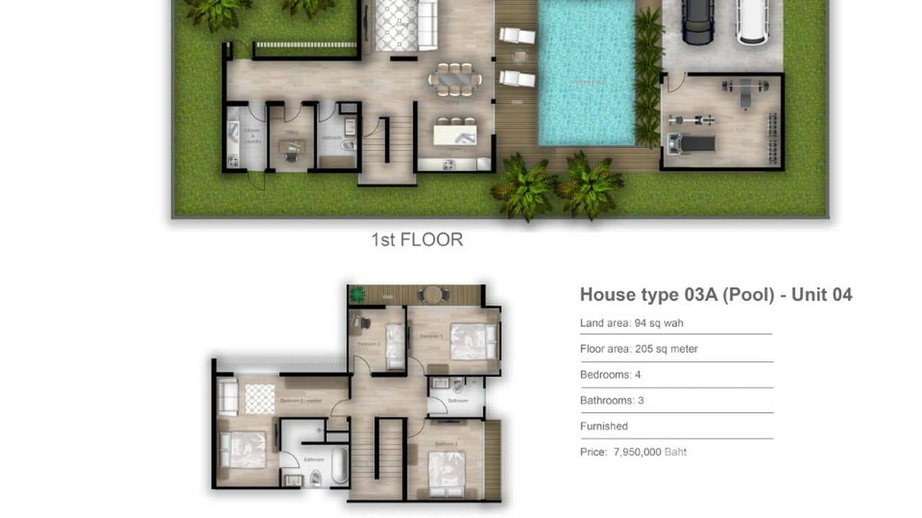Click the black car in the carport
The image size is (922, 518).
pyautogui.click(x=697, y=21)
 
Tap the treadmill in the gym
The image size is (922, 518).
pyautogui.click(x=693, y=144)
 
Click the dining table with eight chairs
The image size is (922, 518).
pyautogui.click(x=454, y=79)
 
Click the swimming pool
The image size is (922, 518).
pyautogui.click(x=586, y=72)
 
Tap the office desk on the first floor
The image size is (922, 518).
pyautogui.click(x=292, y=146)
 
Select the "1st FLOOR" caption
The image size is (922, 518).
pyautogui.click(x=417, y=240)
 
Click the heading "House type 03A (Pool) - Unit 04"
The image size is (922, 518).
pyautogui.click(x=716, y=295)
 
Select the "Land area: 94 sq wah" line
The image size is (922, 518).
pyautogui.click(x=631, y=323)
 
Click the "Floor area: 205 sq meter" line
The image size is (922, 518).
pyautogui.click(x=638, y=349)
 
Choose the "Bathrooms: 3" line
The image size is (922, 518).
pyautogui.click(x=611, y=401)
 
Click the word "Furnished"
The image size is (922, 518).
pyautogui.click(x=604, y=426)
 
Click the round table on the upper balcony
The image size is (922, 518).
pyautogui.click(x=431, y=294)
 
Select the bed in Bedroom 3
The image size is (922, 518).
pyautogui.click(x=473, y=341)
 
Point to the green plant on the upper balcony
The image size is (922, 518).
pyautogui.click(x=357, y=295)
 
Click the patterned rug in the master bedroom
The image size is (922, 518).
pyautogui.click(x=260, y=399)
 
